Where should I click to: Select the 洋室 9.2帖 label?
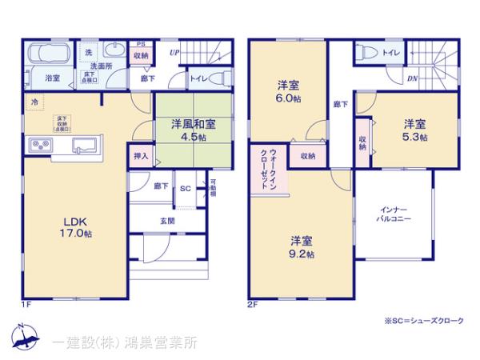[302, 247]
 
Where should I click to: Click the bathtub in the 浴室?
[48, 55]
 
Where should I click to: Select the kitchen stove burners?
[41, 145]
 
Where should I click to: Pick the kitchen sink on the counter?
[85, 145]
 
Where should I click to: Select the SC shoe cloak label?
[184, 189]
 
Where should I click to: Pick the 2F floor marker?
[253, 304]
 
